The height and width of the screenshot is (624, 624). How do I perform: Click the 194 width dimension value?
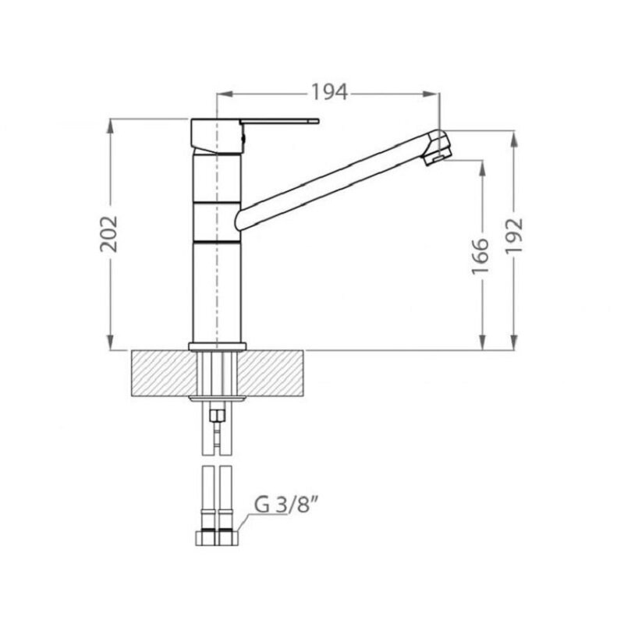(329, 92)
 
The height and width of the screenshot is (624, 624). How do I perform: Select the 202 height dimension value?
(108, 234)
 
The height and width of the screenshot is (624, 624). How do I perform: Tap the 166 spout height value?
(480, 257)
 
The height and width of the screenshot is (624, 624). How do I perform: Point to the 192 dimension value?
(513, 236)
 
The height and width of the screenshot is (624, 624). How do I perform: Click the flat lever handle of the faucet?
(279, 121)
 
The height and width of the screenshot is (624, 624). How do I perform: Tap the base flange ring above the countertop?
(218, 346)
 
